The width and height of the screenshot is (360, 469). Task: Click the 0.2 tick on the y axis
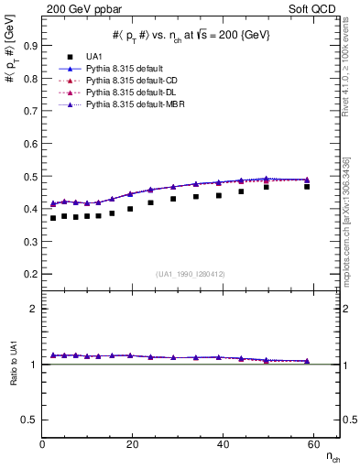29,274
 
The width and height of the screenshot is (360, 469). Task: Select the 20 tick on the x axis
133,444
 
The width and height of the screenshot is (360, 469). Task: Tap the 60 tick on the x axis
312,444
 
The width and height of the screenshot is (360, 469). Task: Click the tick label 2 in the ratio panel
33,309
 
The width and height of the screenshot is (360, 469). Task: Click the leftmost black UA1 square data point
53,218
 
